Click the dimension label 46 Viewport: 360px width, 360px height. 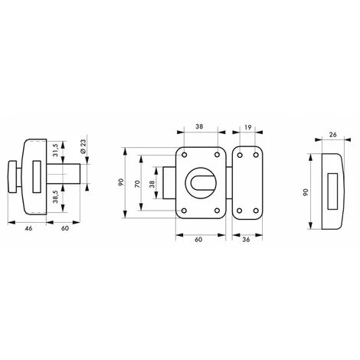[x=28, y=228]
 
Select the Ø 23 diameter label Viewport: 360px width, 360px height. [x=83, y=147]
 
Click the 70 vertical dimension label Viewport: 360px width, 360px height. [x=137, y=184]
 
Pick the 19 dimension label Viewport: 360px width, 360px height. [x=248, y=127]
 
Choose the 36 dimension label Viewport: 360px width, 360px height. [x=247, y=240]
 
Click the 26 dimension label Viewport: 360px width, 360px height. [x=333, y=135]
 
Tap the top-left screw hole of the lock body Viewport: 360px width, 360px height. [x=185, y=155]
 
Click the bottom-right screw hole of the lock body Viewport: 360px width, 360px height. [x=218, y=211]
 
